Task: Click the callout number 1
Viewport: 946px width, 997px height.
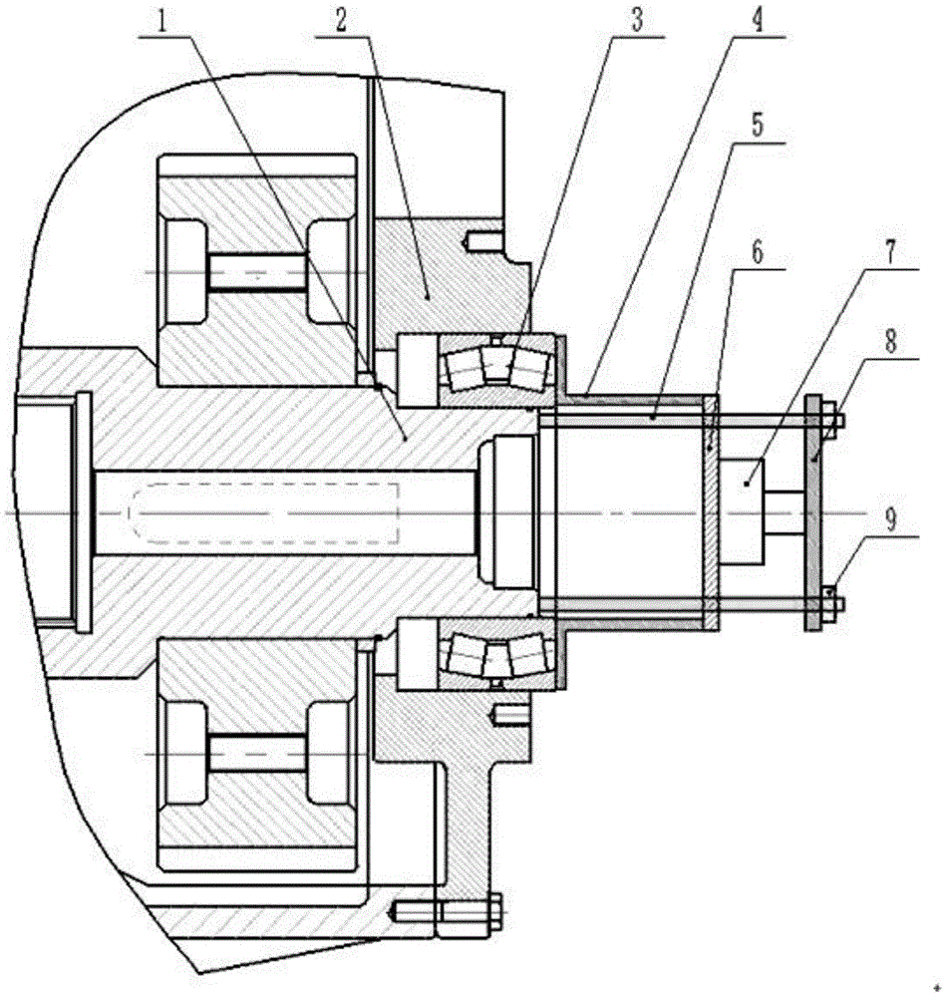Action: [x=162, y=22]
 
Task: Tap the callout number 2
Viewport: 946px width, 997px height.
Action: [x=341, y=21]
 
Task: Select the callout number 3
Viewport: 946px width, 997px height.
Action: [x=636, y=21]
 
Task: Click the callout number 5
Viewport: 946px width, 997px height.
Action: [x=757, y=126]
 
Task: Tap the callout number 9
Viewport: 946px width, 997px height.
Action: [x=890, y=519]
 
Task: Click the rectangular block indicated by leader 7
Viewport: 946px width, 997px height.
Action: [x=742, y=511]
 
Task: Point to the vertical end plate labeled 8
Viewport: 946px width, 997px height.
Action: [x=813, y=512]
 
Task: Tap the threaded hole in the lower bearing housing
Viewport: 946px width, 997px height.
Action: [x=508, y=717]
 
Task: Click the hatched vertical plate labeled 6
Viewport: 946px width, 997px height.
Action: [x=711, y=512]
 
